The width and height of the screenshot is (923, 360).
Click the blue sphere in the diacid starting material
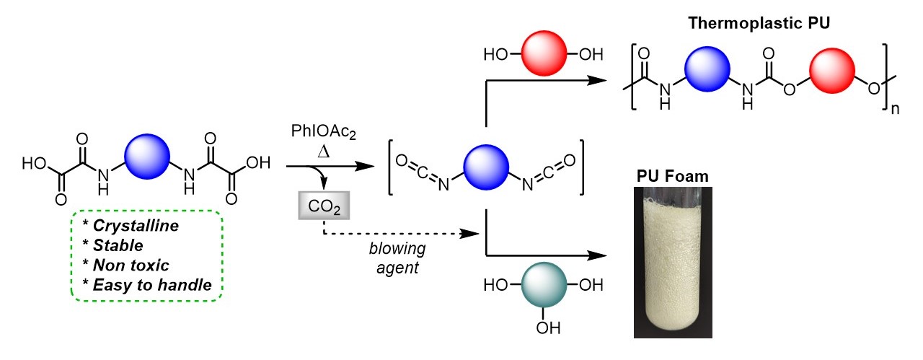coord(148,156)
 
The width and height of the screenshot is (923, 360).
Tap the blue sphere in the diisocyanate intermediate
coord(487,165)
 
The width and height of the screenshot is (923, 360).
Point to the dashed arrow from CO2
coord(404,233)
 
